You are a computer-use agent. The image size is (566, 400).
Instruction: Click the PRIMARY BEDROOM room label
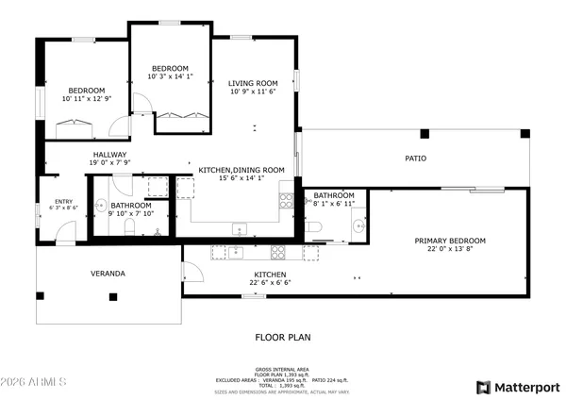450,241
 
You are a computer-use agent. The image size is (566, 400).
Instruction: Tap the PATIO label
415,158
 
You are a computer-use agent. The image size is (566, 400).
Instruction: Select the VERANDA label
108,274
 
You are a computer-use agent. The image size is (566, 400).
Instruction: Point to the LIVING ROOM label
253,83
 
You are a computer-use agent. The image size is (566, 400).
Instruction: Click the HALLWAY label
109,155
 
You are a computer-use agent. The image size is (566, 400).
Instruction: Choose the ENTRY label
63,201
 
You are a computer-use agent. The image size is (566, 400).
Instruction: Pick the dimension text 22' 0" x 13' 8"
450,250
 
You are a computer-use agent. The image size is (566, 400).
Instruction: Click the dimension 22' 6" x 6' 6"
270,282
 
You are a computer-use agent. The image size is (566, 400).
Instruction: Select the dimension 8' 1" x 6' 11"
334,204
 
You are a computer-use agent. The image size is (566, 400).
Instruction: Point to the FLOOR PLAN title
282,337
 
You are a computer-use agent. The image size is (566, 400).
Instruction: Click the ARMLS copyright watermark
34,384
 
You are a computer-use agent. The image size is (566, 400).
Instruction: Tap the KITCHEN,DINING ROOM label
241,170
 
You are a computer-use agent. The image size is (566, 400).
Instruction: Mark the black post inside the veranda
113,297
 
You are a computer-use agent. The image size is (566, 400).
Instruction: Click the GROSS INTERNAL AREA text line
282,369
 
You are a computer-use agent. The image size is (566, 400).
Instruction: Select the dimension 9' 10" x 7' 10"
130,214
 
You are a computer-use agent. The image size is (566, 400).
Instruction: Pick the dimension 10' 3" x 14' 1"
171,76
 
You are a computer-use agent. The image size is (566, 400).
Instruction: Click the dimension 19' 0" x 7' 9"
109,163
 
